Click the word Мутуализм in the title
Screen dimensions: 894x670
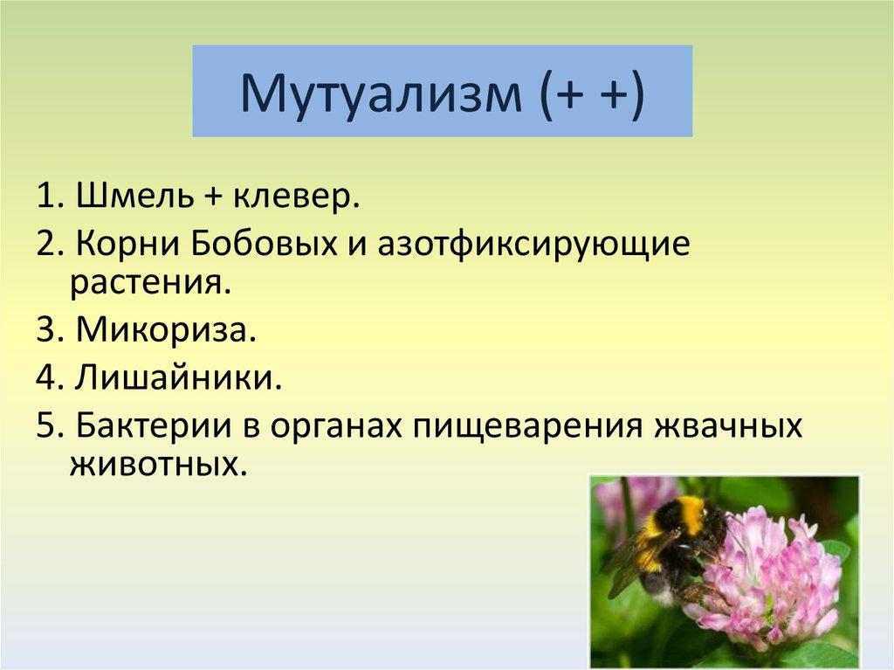point(381,93)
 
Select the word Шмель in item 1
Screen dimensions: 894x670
point(134,196)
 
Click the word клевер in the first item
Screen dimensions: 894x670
point(296,197)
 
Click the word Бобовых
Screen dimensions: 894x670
point(264,245)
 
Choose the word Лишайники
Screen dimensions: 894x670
point(179,376)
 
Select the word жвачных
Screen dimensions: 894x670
point(727,425)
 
